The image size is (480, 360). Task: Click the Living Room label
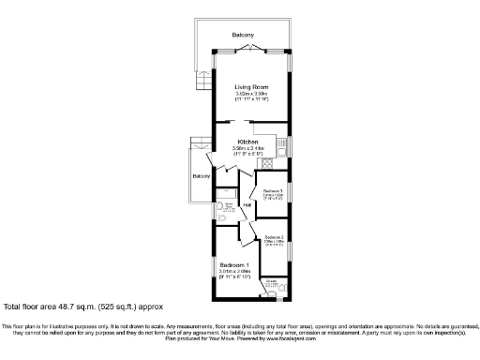251,87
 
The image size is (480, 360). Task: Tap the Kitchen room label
247,142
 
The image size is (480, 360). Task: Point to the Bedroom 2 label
274,237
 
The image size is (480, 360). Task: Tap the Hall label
247,204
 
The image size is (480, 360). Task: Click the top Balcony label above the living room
244,36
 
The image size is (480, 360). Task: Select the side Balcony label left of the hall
202,176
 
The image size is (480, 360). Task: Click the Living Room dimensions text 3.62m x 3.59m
251,94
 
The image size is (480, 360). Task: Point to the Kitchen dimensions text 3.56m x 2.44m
247,148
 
